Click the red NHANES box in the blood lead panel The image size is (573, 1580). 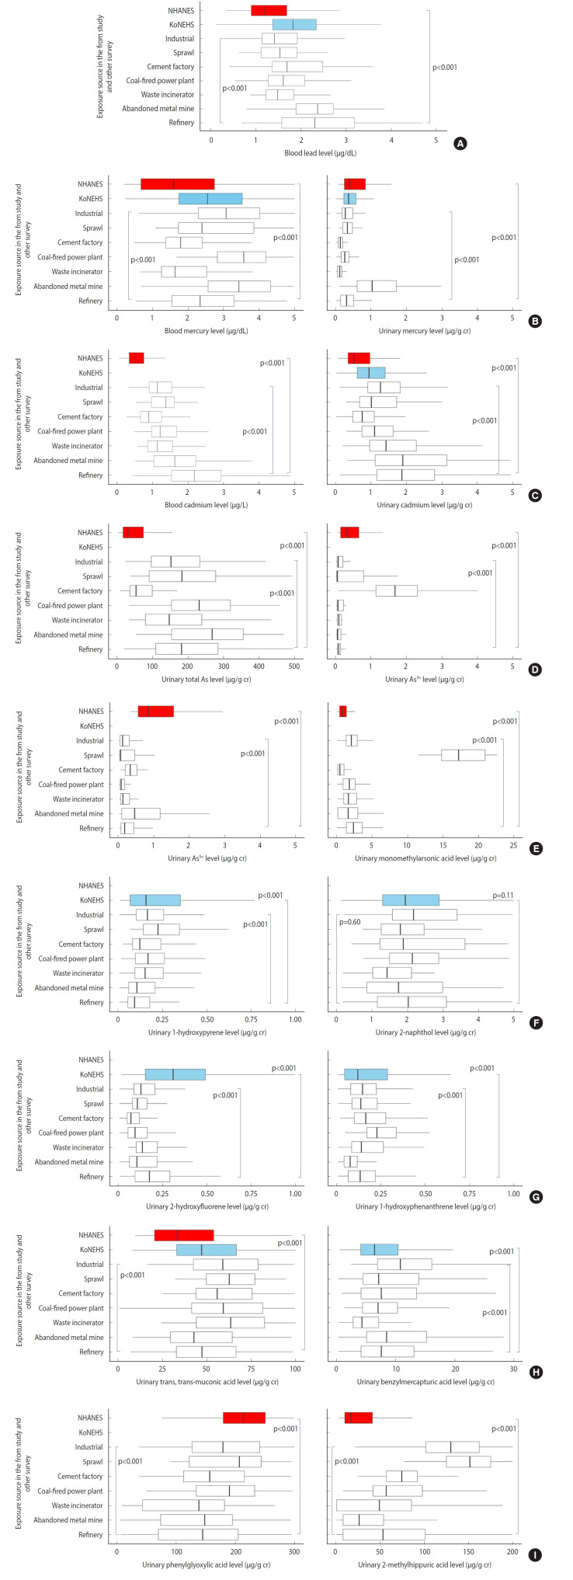[269, 11]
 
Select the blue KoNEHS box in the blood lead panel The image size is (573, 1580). [294, 25]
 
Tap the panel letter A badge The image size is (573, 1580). [460, 143]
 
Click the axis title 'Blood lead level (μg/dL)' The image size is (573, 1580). [320, 153]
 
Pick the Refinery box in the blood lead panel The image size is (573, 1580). [318, 123]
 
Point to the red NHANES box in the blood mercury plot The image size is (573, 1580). [177, 184]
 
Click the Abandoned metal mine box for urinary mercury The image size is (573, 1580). [377, 286]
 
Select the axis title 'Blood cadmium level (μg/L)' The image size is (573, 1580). [204, 504]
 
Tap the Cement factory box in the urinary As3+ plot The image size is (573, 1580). [397, 591]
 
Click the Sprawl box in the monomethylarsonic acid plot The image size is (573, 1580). [463, 755]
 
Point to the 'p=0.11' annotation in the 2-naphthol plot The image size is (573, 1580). [503, 896]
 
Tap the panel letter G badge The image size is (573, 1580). [535, 1196]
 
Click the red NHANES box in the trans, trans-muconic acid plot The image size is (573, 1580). [184, 1235]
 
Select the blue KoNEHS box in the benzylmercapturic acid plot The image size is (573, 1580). [379, 1250]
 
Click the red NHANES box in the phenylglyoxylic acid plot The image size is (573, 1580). [244, 1418]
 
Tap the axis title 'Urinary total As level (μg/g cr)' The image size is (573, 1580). [204, 679]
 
